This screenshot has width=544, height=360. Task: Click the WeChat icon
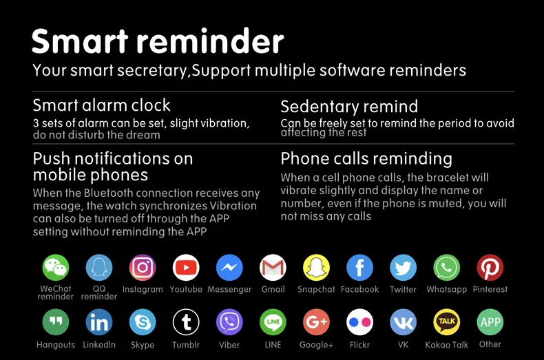click(56, 267)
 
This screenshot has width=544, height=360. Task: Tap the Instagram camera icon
click(143, 267)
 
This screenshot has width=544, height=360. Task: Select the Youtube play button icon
click(186, 267)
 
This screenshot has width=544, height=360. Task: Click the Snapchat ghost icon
click(316, 267)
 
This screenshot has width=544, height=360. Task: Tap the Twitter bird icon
click(403, 267)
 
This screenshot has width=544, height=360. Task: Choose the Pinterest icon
click(490, 267)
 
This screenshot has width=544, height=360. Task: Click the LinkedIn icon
click(99, 322)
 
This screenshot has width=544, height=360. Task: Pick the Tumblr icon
click(186, 322)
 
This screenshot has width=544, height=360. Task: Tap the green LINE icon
click(273, 322)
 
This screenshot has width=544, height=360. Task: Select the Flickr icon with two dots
click(359, 322)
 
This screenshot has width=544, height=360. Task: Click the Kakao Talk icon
click(447, 322)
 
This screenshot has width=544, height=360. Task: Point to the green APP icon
click(490, 322)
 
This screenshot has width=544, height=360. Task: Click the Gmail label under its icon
click(273, 289)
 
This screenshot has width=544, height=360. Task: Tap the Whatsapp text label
click(447, 290)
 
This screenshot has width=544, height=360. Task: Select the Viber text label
click(229, 345)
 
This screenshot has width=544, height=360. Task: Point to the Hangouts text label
click(56, 345)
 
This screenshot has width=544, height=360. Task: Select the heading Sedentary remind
click(349, 107)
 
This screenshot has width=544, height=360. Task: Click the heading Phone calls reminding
click(366, 159)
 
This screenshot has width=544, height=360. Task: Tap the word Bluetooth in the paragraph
click(108, 193)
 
